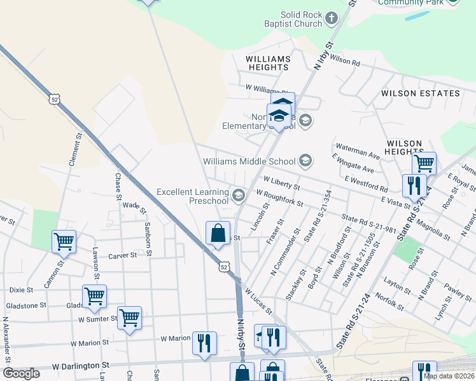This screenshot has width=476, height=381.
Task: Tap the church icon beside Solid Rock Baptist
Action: click(x=331, y=19)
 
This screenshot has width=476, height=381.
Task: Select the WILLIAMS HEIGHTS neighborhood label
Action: click(x=268, y=63)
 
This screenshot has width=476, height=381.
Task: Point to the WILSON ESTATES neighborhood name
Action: click(x=416, y=93)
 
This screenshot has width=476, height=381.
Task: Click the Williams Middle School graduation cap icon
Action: click(x=305, y=161)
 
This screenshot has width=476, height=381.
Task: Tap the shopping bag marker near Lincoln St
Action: click(x=218, y=233)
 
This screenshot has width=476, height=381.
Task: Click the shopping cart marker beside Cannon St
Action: click(x=64, y=241)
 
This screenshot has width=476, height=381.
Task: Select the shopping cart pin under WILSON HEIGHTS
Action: click(x=424, y=163)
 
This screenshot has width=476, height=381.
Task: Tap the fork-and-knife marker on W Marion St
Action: click(x=204, y=343)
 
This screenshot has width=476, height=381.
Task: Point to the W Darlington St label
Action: click(x=81, y=366)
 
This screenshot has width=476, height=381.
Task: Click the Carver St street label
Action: click(x=122, y=255)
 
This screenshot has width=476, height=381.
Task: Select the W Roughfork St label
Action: click(x=279, y=197)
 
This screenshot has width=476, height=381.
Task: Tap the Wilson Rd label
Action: click(x=345, y=61)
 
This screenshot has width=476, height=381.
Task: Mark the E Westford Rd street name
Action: click(x=366, y=184)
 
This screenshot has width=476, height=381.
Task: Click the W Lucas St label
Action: click(x=258, y=300)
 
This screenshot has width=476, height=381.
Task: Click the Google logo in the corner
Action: click(x=21, y=373)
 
